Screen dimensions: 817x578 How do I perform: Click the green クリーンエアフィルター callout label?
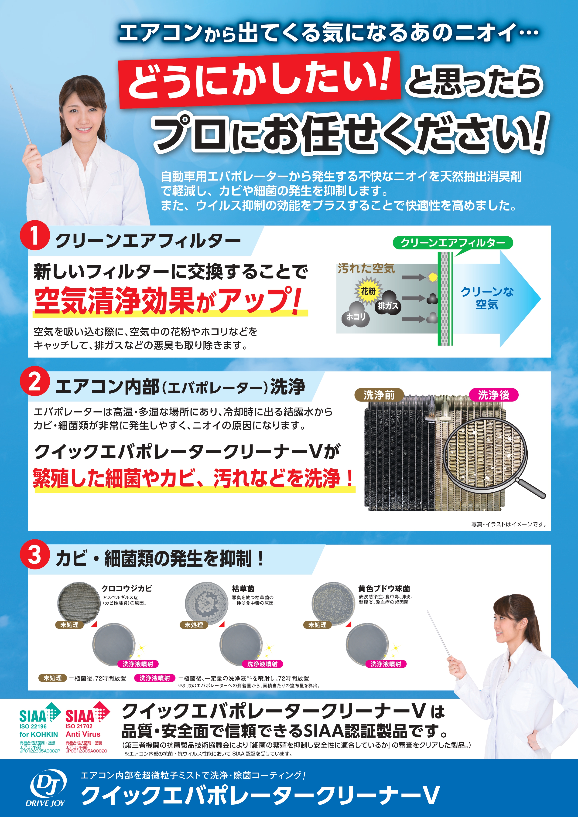[x=452, y=243]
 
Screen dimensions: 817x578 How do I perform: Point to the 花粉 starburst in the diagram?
[x=368, y=291]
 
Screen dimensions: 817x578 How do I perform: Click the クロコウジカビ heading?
[x=126, y=589]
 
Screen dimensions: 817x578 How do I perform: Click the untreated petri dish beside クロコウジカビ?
[x=79, y=603]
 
